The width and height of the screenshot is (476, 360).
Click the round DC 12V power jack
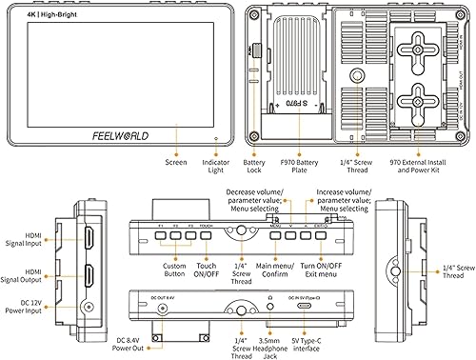(89, 307)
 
